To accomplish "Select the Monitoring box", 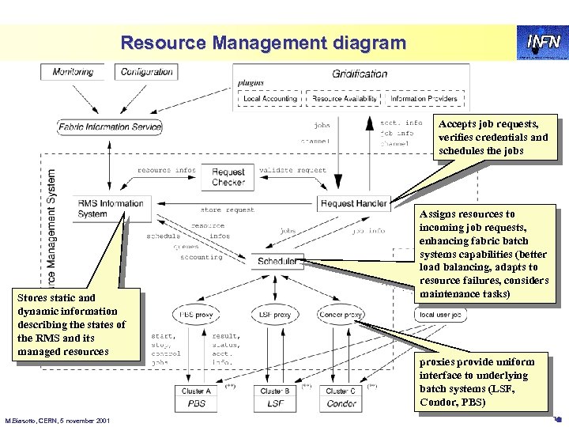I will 73,72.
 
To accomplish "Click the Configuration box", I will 147,72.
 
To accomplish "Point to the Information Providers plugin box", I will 419,99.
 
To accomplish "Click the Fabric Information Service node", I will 109,127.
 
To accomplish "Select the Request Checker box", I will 228,177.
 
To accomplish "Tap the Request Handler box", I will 354,203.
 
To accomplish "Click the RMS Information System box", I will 110,208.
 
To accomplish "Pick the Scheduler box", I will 277,260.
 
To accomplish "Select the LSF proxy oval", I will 274,314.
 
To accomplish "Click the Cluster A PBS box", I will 196,397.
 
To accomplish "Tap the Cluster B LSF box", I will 274,397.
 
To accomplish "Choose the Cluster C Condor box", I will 341,397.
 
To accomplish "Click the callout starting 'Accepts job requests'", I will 493,138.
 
